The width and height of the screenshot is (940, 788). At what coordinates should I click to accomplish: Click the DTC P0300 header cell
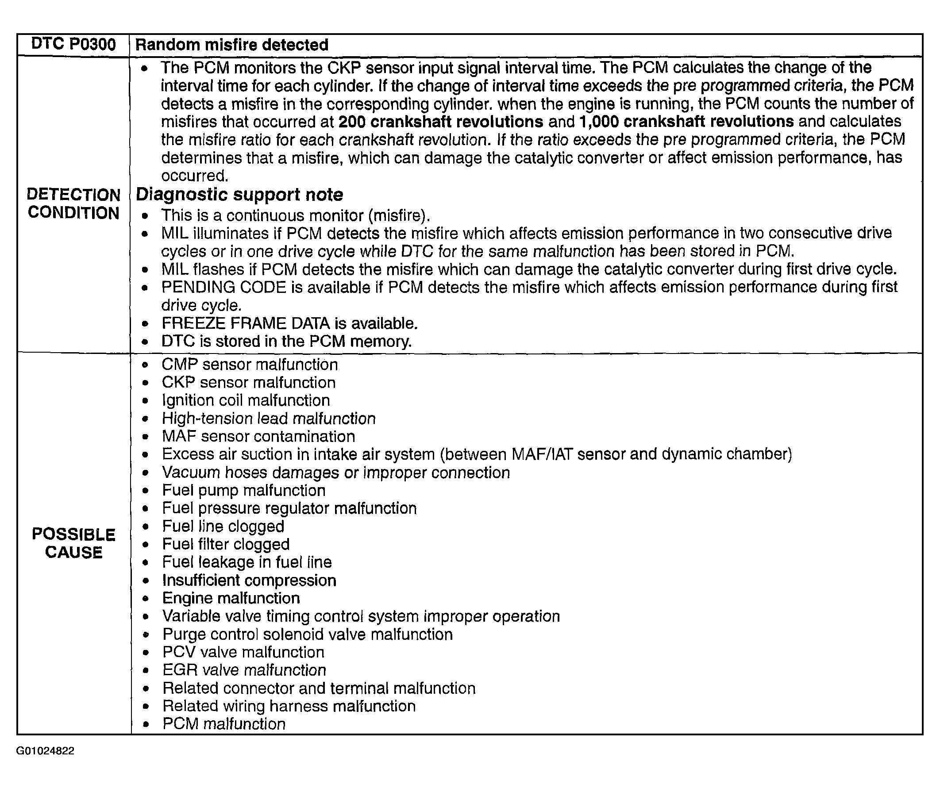tap(73, 45)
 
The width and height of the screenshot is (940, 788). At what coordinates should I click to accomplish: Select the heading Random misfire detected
tap(231, 45)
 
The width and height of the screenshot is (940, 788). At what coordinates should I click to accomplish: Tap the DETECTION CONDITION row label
tap(73, 204)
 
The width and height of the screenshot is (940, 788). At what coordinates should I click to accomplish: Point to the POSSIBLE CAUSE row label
tap(73, 543)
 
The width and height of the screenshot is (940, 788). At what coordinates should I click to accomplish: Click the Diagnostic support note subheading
tap(239, 195)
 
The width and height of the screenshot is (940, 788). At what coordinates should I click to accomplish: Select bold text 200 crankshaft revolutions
tap(440, 122)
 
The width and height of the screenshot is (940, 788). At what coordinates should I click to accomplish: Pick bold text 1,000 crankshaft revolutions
tap(686, 122)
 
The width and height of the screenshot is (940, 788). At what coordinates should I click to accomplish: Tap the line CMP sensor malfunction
tap(249, 365)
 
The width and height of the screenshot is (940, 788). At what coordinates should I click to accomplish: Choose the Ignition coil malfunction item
tap(246, 400)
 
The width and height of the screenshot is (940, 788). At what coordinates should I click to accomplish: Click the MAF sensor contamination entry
tap(258, 436)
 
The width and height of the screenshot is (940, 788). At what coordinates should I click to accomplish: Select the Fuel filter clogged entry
tap(226, 544)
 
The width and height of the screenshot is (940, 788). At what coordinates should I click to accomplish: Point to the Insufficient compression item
tap(249, 580)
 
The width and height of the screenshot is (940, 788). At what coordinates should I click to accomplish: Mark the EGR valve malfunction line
tap(244, 670)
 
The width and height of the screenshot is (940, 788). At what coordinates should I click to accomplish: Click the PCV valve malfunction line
tap(243, 653)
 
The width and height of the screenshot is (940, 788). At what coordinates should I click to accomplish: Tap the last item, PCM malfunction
tap(224, 724)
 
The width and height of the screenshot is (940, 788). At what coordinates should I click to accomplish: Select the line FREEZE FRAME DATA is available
tap(289, 323)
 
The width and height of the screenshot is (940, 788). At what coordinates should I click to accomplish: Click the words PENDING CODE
tap(223, 287)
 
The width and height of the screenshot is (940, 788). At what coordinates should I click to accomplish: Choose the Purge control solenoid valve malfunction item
tap(308, 634)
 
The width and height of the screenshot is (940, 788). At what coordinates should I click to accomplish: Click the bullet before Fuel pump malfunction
tap(145, 491)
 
